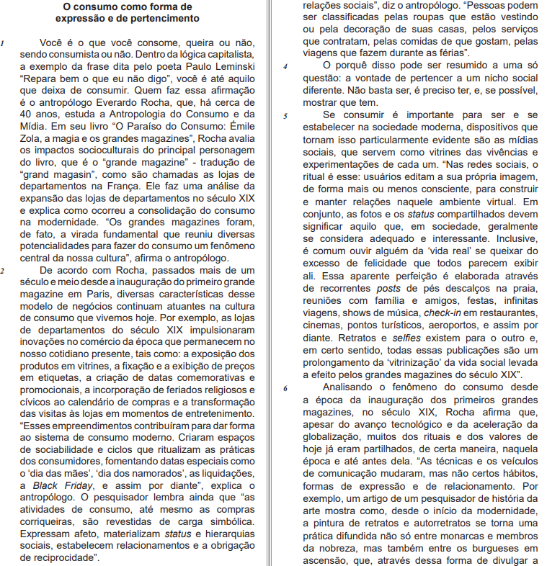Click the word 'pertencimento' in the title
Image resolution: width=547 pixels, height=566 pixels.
click(x=164, y=17)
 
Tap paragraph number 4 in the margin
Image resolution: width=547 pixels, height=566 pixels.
click(x=286, y=66)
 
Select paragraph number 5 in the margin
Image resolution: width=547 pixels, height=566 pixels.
click(x=286, y=115)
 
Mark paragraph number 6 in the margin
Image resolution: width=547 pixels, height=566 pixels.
click(x=286, y=387)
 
